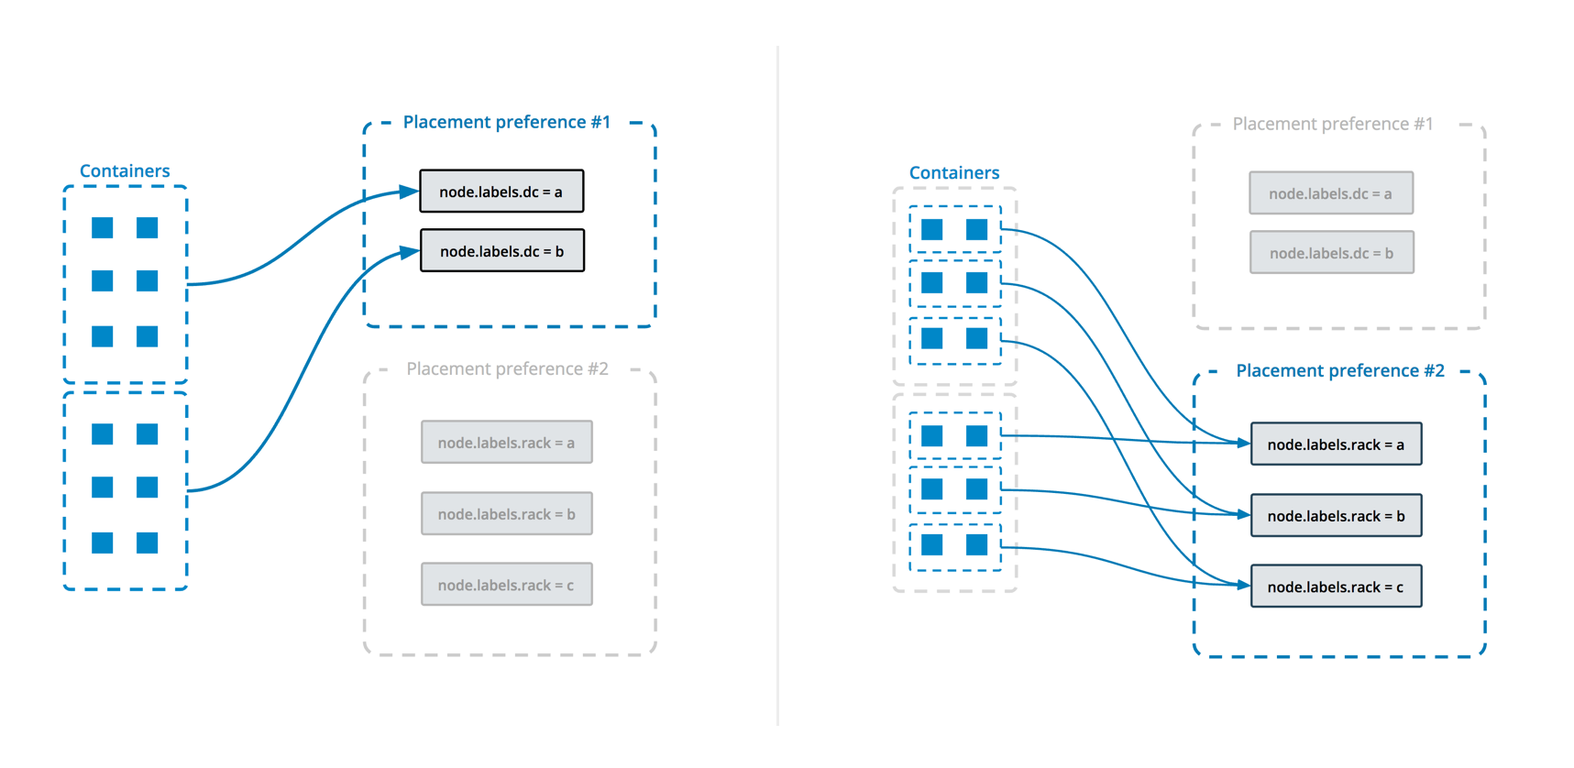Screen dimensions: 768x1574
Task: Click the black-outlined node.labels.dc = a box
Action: point(501,192)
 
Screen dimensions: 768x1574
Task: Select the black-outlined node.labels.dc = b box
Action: point(501,251)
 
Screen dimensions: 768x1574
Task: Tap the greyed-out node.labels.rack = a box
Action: point(506,443)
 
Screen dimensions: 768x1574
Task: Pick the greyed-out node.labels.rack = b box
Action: point(506,514)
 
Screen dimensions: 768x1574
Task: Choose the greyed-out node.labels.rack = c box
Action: point(506,585)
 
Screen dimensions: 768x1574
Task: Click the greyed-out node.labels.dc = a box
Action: point(1330,193)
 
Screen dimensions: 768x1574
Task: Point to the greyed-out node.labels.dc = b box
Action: point(1331,253)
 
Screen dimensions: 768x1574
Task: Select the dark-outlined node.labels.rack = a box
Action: point(1336,444)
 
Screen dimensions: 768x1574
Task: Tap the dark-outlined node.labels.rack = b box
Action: point(1336,516)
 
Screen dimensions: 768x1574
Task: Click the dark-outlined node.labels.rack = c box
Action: point(1336,587)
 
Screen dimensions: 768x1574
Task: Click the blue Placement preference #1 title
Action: point(506,122)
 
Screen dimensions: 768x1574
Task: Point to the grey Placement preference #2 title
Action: point(507,368)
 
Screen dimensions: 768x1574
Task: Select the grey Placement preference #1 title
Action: point(1332,124)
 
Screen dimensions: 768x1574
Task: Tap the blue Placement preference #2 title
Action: point(1339,370)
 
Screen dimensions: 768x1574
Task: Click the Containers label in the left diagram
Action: point(125,170)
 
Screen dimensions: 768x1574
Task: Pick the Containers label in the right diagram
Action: point(953,172)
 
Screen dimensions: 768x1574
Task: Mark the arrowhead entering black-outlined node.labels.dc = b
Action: point(411,251)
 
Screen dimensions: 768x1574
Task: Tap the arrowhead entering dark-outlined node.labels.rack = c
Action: point(1243,585)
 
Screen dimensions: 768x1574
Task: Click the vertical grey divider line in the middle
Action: point(777,385)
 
